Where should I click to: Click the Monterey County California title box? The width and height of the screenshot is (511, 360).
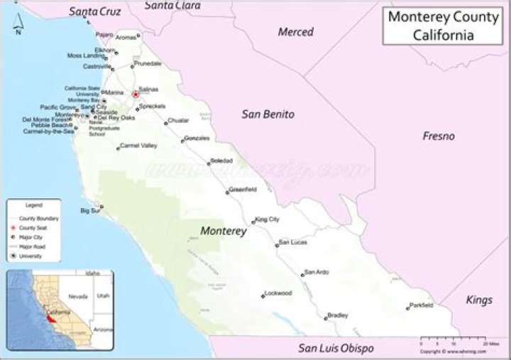click(443, 26)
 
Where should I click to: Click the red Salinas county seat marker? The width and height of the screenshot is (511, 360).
click(135, 94)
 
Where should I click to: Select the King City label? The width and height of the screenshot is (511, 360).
click(268, 219)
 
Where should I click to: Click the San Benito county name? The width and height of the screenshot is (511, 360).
click(268, 114)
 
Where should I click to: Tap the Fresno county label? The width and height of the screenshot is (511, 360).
click(439, 136)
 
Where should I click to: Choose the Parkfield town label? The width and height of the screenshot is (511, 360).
click(422, 305)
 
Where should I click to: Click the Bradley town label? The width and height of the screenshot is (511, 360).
click(338, 315)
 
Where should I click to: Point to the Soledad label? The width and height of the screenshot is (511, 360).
click(221, 161)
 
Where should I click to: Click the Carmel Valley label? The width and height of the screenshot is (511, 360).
click(138, 146)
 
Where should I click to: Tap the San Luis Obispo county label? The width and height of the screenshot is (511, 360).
click(336, 348)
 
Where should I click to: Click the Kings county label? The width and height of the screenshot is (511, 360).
click(479, 300)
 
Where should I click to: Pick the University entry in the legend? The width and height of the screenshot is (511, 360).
click(31, 256)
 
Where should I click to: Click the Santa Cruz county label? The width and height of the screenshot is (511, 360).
click(95, 11)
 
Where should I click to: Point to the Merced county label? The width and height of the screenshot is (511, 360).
click(295, 32)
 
